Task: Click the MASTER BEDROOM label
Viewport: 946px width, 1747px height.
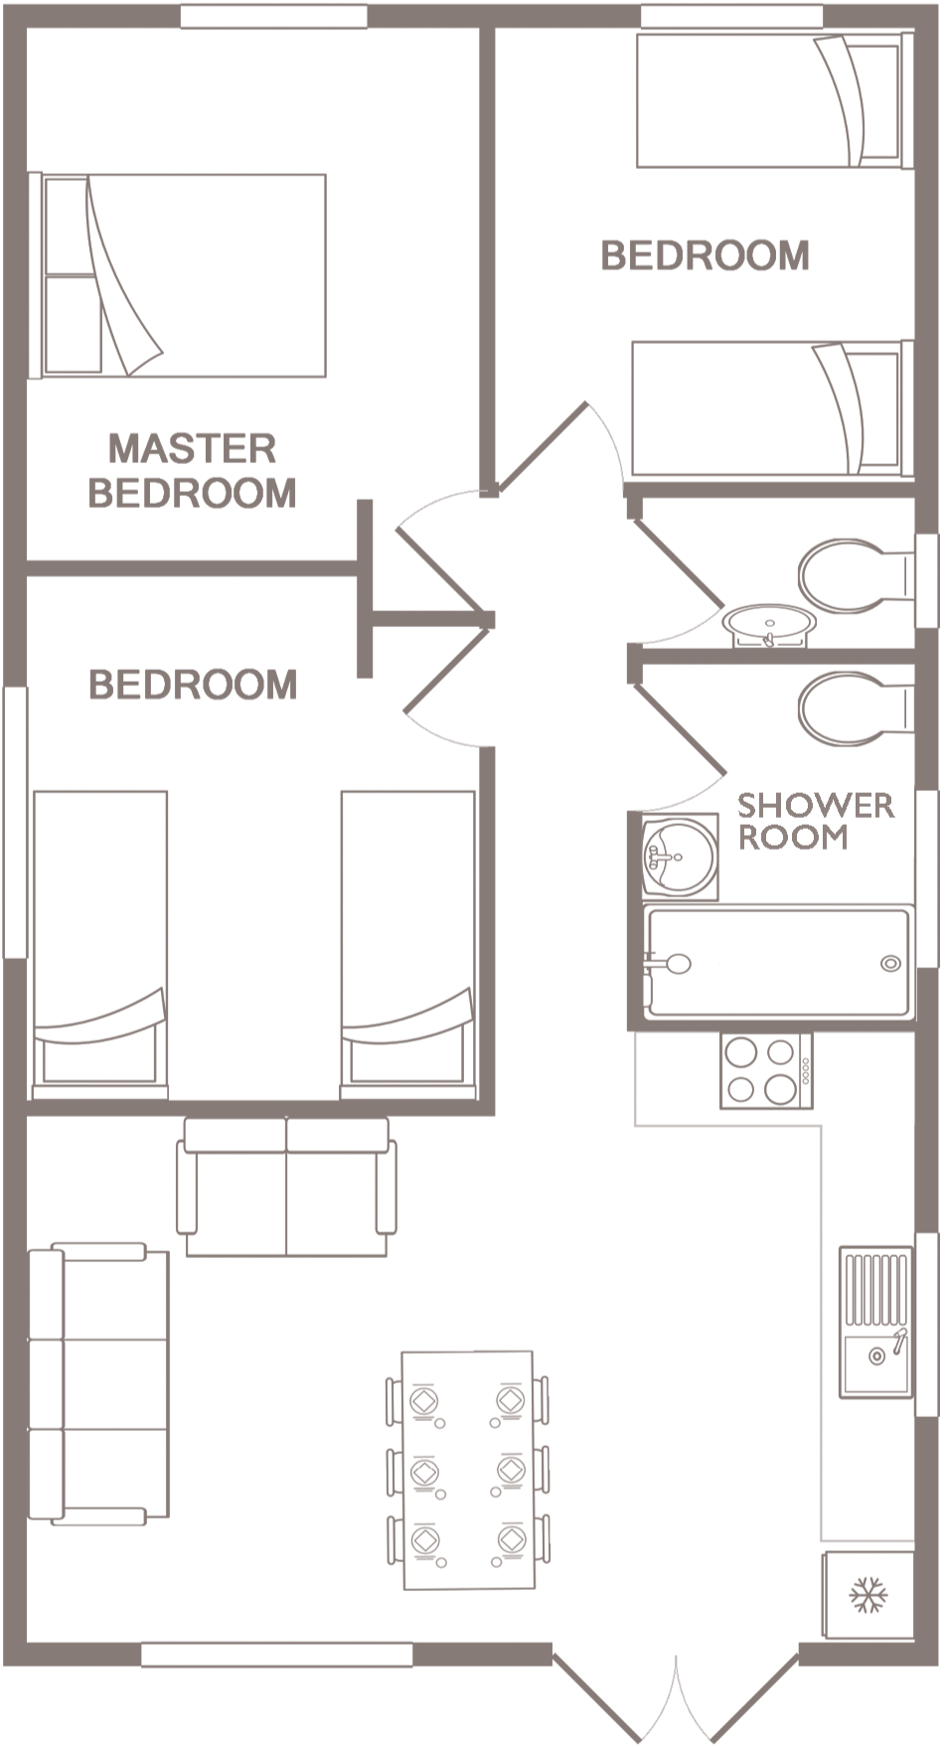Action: coord(192,470)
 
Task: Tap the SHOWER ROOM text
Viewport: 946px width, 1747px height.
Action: coord(815,821)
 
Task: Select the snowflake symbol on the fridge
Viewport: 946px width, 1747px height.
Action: coord(868,1595)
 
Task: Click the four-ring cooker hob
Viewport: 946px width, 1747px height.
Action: coord(766,1070)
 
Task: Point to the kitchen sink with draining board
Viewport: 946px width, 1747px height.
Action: coord(875,1323)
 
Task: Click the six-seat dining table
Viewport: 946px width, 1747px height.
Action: coord(468,1470)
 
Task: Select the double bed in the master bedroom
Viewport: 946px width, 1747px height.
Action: coord(178,276)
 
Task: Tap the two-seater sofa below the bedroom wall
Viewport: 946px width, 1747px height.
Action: coord(286,1188)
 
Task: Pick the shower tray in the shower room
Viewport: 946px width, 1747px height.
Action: coord(778,962)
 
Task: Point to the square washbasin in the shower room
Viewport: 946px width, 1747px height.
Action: coord(680,856)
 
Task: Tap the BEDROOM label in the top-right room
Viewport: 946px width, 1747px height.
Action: coord(705,255)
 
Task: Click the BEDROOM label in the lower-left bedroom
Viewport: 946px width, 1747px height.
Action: coord(193,684)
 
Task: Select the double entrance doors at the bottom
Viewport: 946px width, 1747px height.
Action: coord(676,1695)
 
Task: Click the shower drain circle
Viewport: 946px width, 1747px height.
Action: coord(890,963)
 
